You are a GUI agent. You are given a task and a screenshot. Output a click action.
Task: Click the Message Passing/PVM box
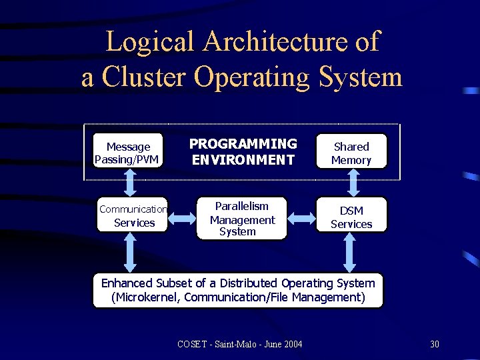click(127, 152)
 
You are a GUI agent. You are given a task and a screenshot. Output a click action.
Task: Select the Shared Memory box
click(351, 153)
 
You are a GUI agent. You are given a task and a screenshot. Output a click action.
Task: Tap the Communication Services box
click(132, 216)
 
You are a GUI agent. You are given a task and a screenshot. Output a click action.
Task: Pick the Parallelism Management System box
click(242, 218)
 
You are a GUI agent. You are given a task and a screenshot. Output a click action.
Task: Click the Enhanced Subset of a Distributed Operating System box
click(238, 290)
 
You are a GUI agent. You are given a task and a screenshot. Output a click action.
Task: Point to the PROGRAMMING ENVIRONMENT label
click(243, 152)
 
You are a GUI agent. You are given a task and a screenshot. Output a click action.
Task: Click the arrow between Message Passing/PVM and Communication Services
click(131, 182)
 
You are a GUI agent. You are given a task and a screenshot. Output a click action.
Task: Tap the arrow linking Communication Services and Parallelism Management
click(180, 217)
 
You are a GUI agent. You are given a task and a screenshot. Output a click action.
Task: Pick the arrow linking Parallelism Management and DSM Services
click(302, 217)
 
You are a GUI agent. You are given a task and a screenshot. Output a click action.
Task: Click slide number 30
click(435, 344)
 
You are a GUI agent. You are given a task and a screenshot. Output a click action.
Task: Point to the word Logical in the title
click(153, 41)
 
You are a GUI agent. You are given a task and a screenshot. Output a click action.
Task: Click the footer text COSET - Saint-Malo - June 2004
click(239, 344)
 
